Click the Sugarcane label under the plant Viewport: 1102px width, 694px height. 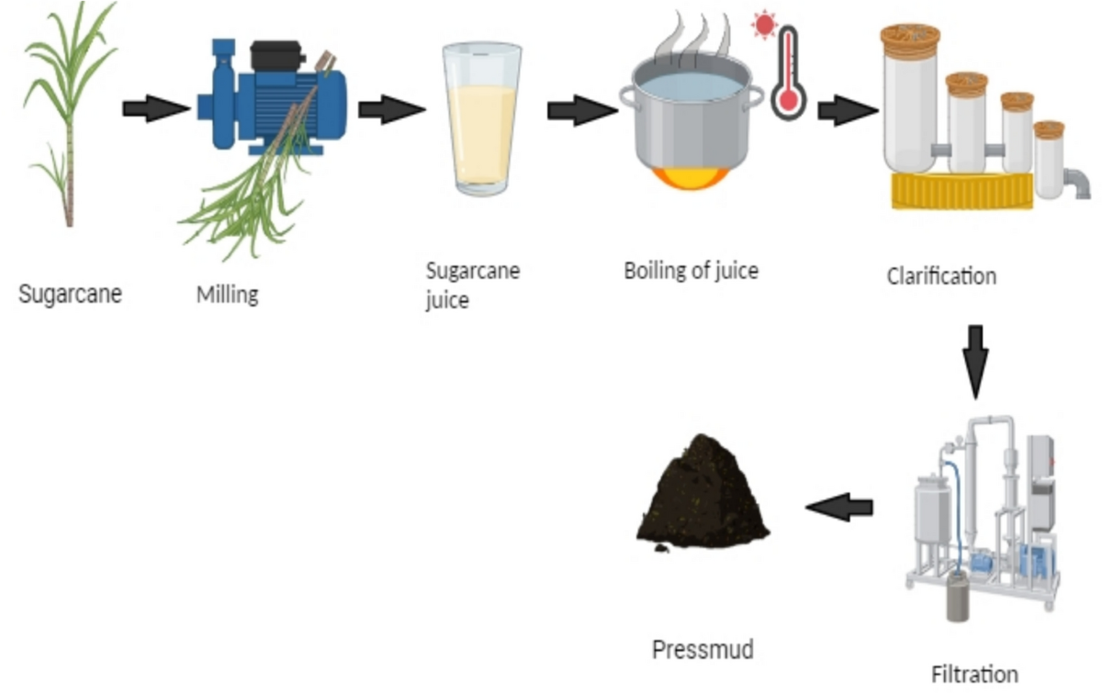pos(71,296)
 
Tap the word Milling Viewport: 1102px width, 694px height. pos(227,296)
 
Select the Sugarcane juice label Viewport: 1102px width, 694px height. pos(473,285)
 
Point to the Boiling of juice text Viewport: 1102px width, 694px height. pos(691,271)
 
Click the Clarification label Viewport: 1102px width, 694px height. pos(941,275)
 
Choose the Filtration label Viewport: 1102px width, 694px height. pos(974,675)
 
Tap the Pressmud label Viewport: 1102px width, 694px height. pos(703,650)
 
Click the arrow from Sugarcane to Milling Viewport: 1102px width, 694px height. pos(154,110)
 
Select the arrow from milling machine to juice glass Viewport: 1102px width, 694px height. pos(391,110)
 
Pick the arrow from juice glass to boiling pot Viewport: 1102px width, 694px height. pos(581,111)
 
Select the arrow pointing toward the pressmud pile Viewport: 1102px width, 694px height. pos(839,506)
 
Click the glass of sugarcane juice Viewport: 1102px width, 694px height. pos(481,119)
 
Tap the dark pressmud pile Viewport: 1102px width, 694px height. pos(703,496)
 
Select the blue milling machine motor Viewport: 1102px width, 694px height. pos(275,96)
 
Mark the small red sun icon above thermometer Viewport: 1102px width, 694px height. pos(763,25)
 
